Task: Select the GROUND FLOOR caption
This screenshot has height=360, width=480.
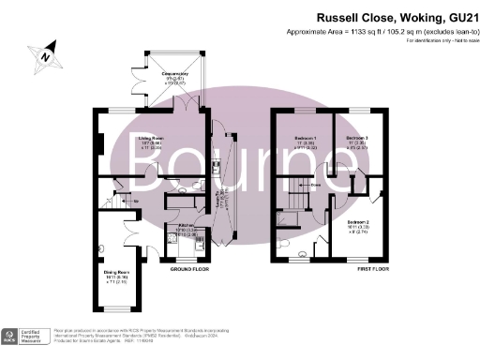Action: click(187, 270)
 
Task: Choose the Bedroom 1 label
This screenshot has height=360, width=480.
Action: click(306, 142)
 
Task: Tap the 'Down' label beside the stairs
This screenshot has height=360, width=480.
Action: click(317, 186)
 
